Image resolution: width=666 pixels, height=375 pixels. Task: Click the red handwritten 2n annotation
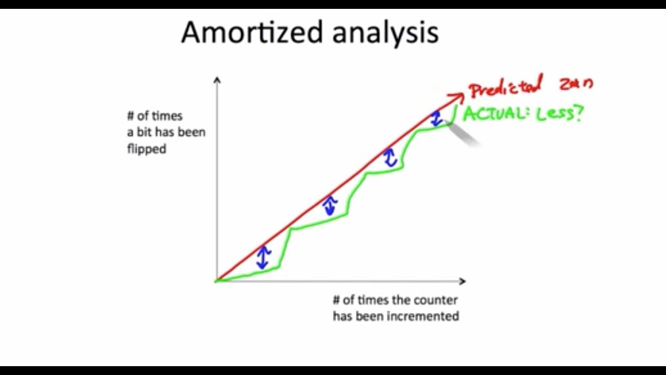[575, 84]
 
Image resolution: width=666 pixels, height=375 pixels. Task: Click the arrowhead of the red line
[457, 97]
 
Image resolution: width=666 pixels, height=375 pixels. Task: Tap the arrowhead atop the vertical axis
[217, 80]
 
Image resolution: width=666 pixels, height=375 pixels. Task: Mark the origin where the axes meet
[217, 281]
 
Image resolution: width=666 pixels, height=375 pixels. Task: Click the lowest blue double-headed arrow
[263, 257]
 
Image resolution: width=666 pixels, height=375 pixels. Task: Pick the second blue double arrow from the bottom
[329, 205]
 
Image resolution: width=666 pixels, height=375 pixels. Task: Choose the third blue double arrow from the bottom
[390, 158]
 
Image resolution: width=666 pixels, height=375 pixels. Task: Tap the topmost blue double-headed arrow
[436, 118]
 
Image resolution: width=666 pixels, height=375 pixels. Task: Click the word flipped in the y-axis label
[146, 149]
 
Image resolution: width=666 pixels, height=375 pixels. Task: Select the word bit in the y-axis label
[144, 132]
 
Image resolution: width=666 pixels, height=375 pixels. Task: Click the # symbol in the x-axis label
[337, 300]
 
